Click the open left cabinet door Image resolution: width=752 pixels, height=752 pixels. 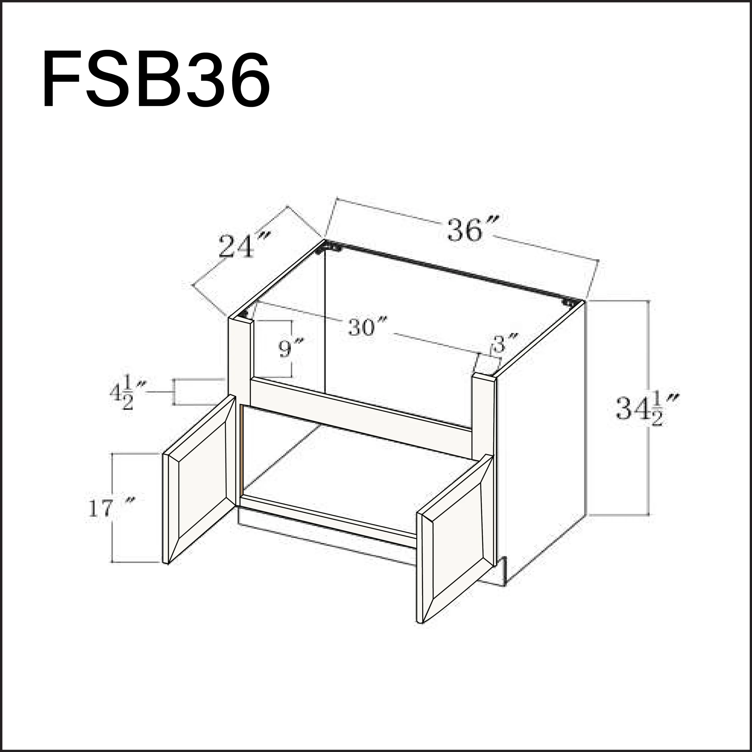pos(199,479)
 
